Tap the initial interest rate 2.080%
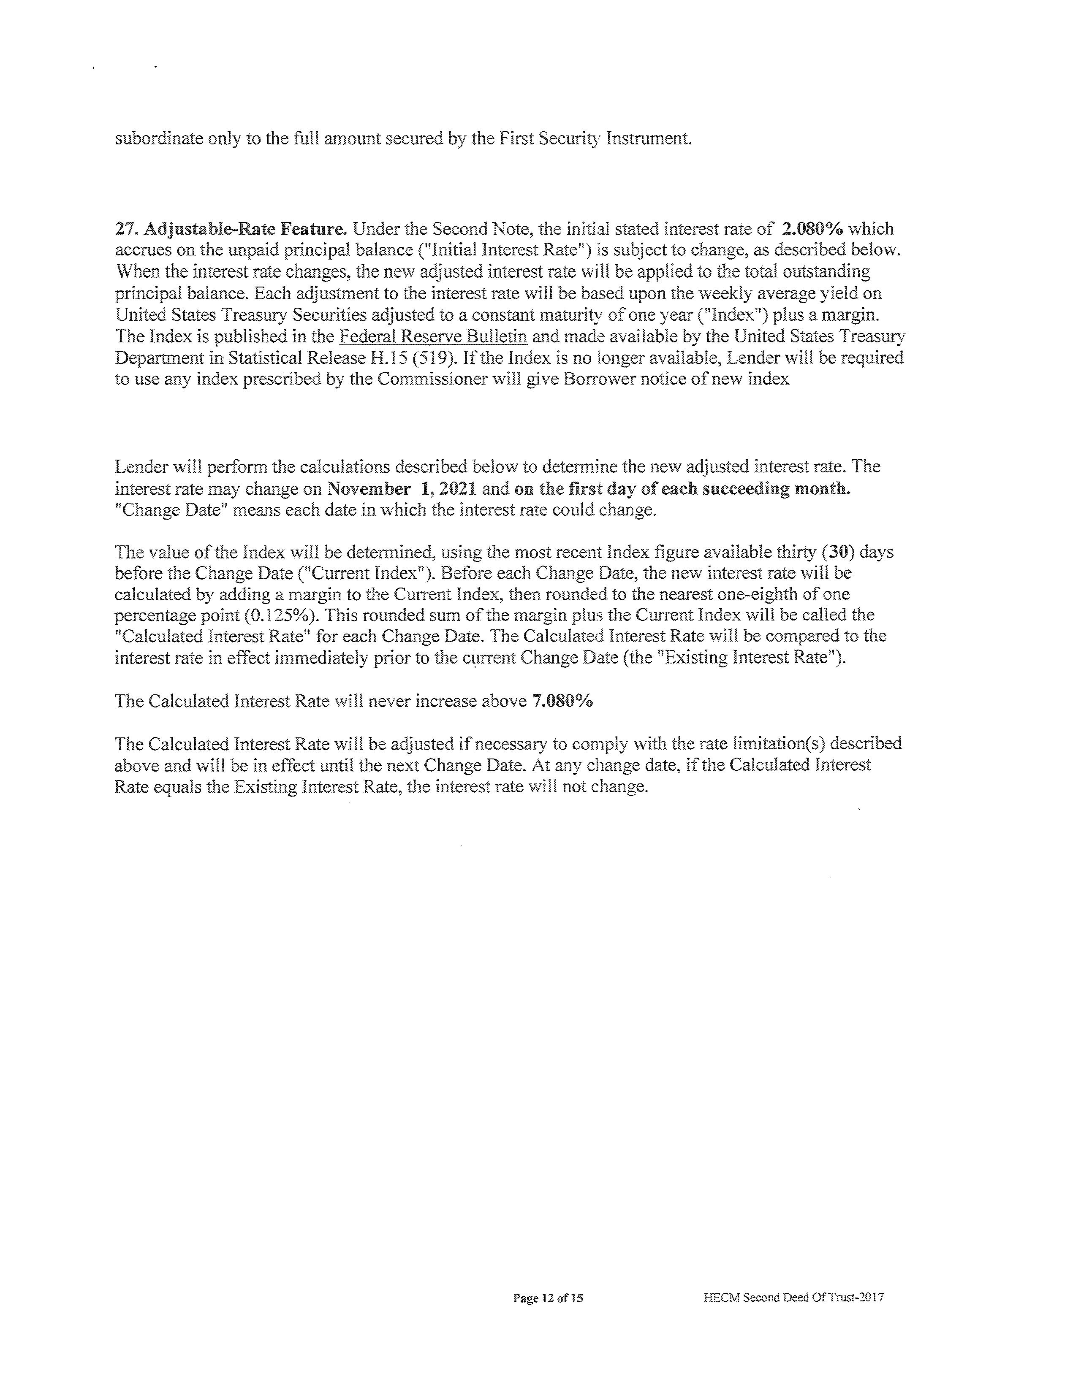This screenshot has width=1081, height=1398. click(x=812, y=229)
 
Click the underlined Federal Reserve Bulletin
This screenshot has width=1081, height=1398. click(x=433, y=336)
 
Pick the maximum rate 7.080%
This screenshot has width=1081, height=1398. click(x=562, y=701)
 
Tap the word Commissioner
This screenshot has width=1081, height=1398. click(x=449, y=379)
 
